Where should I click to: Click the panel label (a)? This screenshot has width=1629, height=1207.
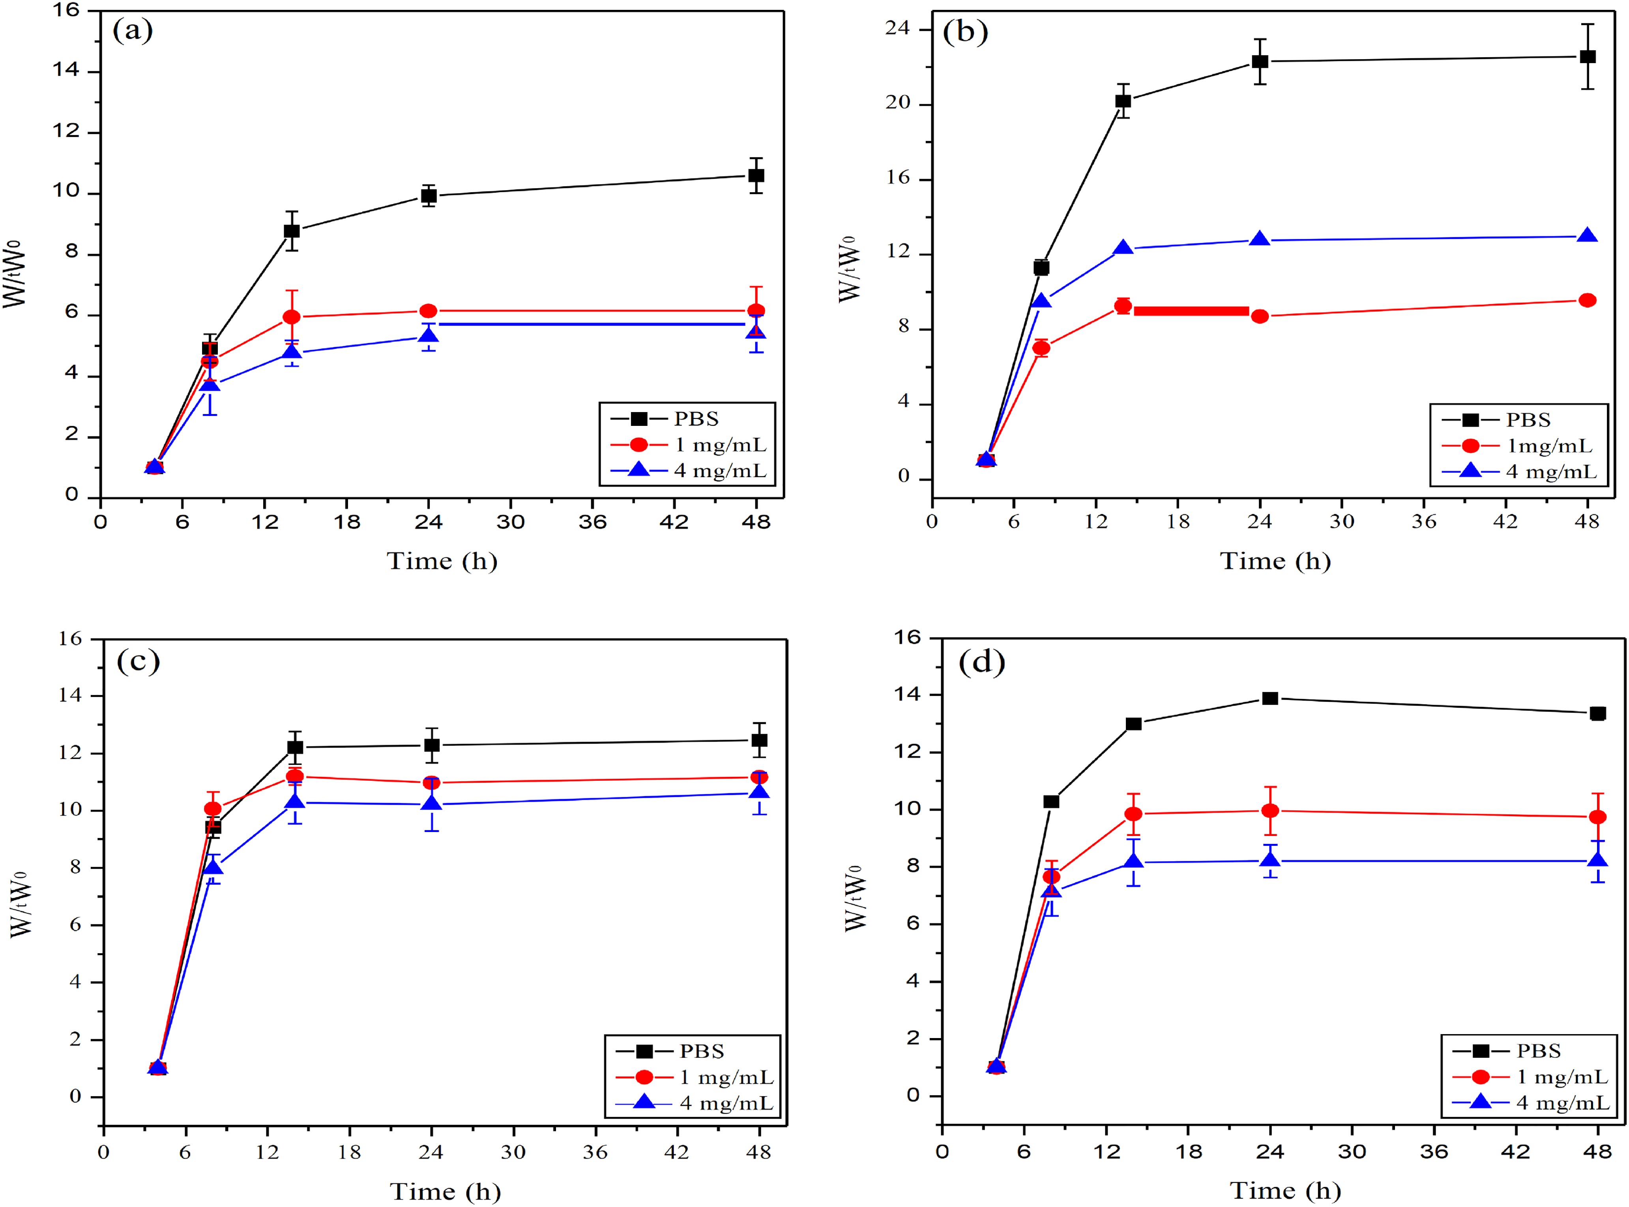(x=132, y=32)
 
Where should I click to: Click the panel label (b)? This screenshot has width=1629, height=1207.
(x=965, y=32)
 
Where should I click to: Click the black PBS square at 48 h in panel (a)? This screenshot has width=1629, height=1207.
(x=756, y=175)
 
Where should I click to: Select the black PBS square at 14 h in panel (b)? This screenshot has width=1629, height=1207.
(x=1123, y=101)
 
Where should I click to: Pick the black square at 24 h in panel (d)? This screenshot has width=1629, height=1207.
(x=1270, y=699)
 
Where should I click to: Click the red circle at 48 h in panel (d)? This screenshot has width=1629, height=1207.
(x=1597, y=817)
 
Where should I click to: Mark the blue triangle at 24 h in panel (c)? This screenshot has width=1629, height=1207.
(x=432, y=804)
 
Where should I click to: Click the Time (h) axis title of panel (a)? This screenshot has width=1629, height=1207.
(x=442, y=561)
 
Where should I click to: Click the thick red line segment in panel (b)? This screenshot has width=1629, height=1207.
(x=1191, y=311)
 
